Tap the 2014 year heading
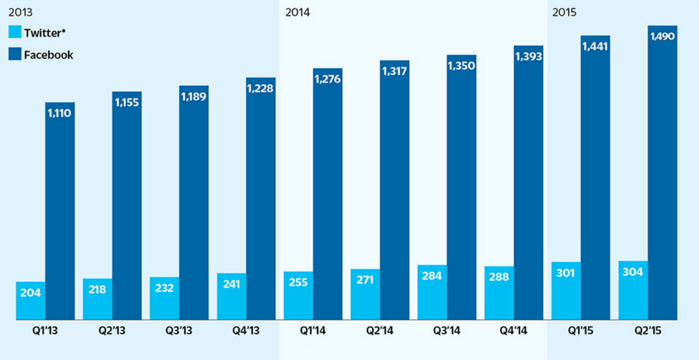point(298,12)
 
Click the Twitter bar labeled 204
point(31,301)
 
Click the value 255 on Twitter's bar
point(298,283)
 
